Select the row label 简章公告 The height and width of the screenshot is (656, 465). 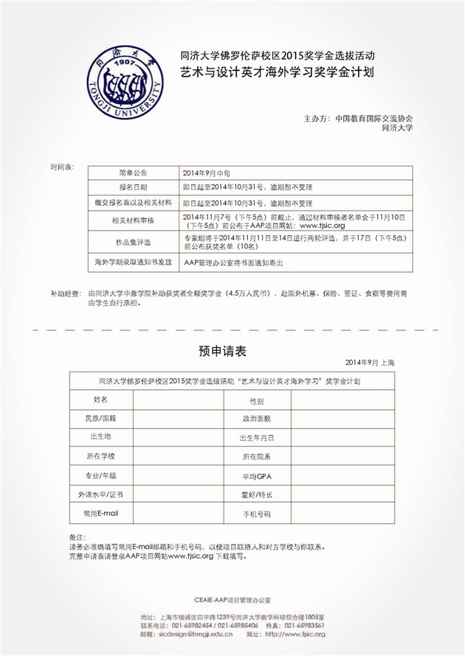click(x=134, y=172)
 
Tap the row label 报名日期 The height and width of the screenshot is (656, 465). click(x=134, y=187)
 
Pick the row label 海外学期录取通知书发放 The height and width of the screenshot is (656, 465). click(x=134, y=262)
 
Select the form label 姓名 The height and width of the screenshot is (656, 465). click(x=101, y=399)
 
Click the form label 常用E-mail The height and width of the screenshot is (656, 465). click(x=102, y=512)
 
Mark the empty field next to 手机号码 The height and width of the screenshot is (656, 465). click(x=340, y=513)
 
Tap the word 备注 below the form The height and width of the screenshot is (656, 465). click(x=77, y=537)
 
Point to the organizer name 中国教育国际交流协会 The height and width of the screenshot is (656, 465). click(x=373, y=118)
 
